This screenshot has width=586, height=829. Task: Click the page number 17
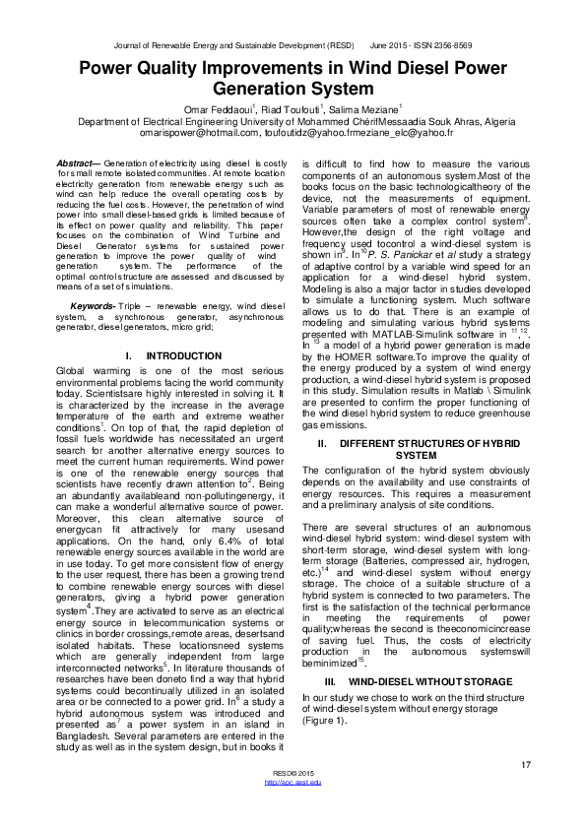coord(527,765)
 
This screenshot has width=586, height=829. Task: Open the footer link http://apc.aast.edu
coord(294,808)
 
